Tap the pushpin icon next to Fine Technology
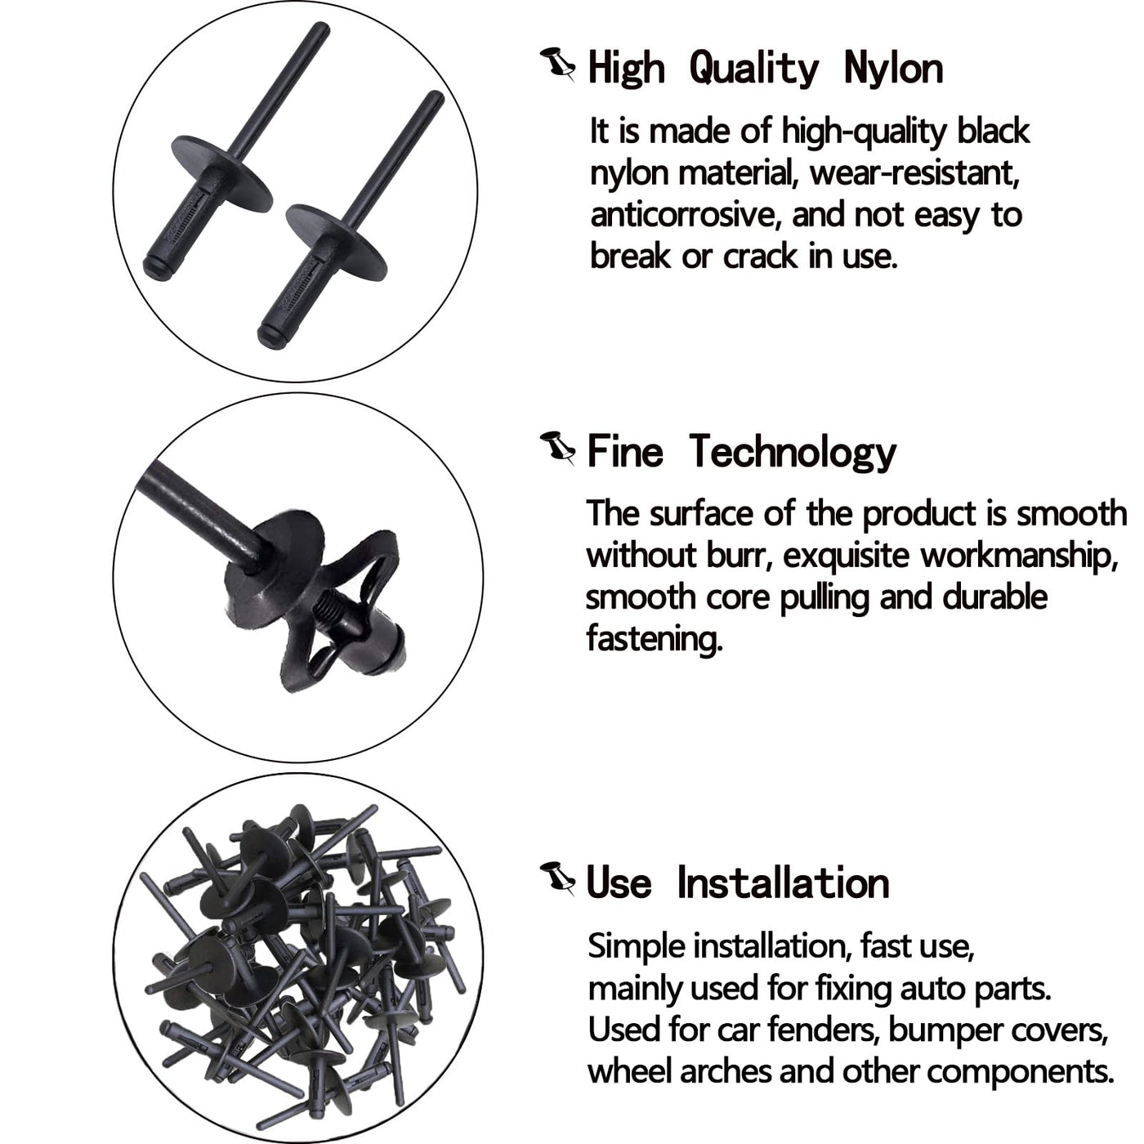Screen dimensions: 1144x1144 pos(557,449)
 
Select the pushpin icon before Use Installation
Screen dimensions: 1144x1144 pos(557,879)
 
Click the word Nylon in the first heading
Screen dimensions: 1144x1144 pos(893,70)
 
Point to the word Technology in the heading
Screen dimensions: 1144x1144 pos(793,452)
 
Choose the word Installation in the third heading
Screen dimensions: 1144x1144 pos(783,883)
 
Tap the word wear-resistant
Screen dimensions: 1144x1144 pos(915,173)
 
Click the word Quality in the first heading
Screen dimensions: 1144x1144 pos(754,70)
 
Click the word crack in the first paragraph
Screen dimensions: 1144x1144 pos(759,257)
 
